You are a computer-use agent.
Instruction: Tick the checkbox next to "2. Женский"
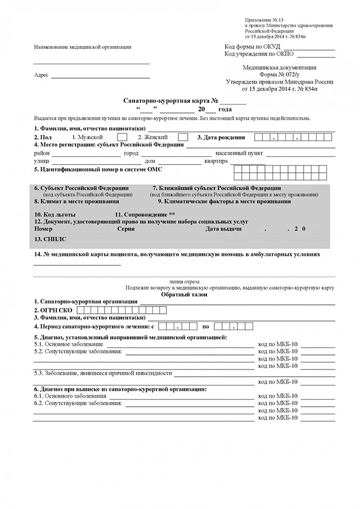click(x=183, y=137)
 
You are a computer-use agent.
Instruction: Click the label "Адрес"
click(x=41, y=75)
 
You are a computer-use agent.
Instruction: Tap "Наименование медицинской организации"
click(x=83, y=47)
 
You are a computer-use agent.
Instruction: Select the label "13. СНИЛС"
click(x=50, y=239)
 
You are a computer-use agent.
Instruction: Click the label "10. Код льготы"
click(x=55, y=215)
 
